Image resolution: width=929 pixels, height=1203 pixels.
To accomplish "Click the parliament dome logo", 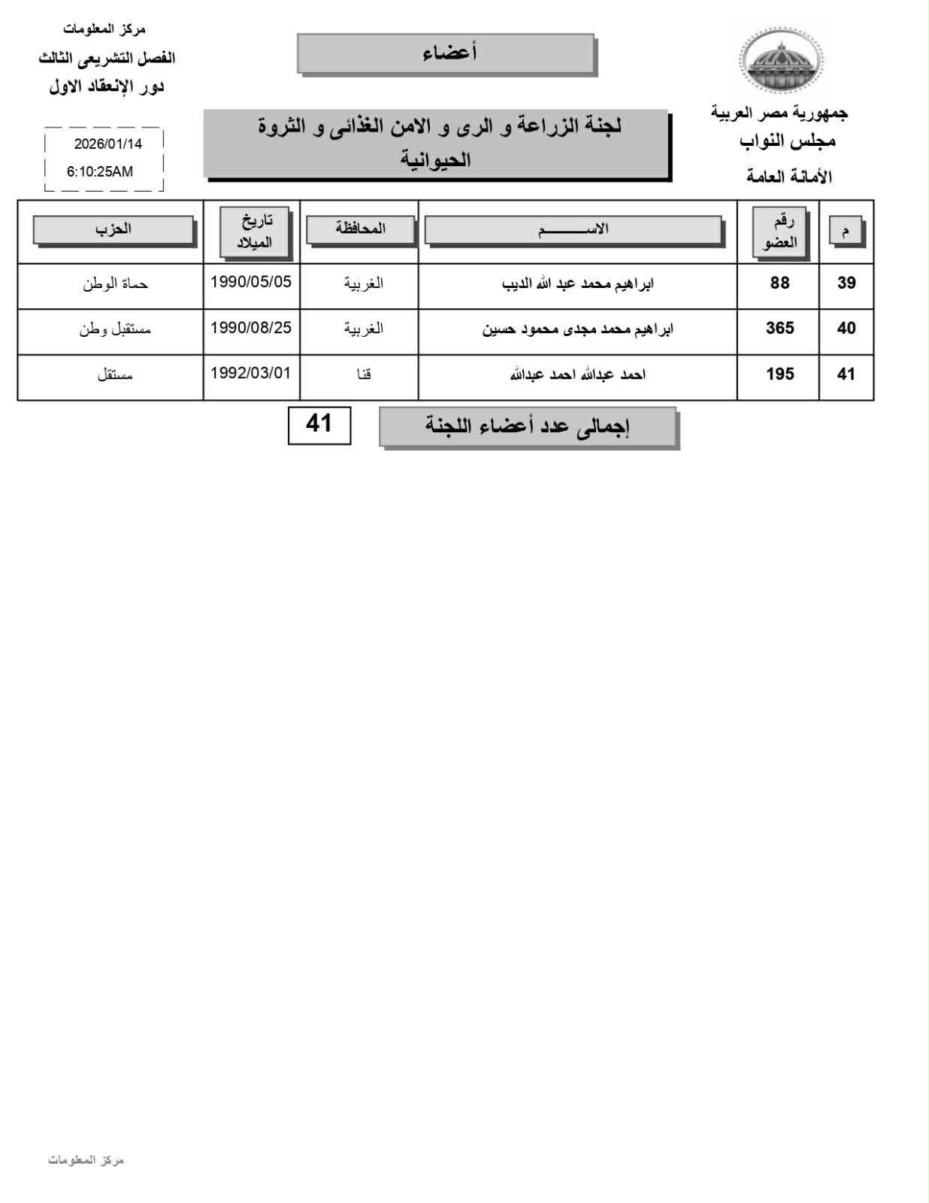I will pyautogui.click(x=781, y=60).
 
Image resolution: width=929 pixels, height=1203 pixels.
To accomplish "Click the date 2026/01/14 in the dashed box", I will pyautogui.click(x=107, y=144).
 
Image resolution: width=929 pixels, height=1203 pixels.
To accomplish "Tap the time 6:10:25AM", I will pyautogui.click(x=100, y=171).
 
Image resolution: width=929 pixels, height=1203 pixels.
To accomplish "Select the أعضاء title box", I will pyautogui.click(x=446, y=53).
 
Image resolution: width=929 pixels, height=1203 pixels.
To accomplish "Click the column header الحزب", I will pyautogui.click(x=113, y=229).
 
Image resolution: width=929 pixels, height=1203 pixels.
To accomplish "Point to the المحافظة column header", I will pyautogui.click(x=360, y=229).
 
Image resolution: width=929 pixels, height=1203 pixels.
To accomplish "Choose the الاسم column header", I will pyautogui.click(x=573, y=229).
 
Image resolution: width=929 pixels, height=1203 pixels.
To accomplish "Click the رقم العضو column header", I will pyautogui.click(x=779, y=232).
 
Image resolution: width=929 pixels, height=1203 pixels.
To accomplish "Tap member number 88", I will pyautogui.click(x=779, y=283).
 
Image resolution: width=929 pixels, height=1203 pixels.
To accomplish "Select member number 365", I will pyautogui.click(x=779, y=328).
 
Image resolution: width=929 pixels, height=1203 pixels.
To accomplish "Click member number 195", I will pyautogui.click(x=779, y=374).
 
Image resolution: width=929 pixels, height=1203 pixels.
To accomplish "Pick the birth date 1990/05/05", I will pyautogui.click(x=251, y=282).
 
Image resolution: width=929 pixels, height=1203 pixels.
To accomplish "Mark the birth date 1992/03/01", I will pyautogui.click(x=251, y=373).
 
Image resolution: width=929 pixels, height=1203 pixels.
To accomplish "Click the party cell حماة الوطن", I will pyautogui.click(x=115, y=283).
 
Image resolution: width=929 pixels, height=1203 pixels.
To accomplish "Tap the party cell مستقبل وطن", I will pyautogui.click(x=115, y=329).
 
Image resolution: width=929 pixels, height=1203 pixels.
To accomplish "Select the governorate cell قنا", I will pyautogui.click(x=364, y=374).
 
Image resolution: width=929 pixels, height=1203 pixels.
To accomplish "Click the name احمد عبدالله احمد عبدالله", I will pyautogui.click(x=577, y=374).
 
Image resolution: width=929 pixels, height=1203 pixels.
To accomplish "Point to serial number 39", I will pyautogui.click(x=846, y=283).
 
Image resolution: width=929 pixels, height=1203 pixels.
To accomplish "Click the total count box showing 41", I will pyautogui.click(x=319, y=424).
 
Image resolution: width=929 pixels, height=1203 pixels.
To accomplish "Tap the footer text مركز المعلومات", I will pyautogui.click(x=86, y=1160).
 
